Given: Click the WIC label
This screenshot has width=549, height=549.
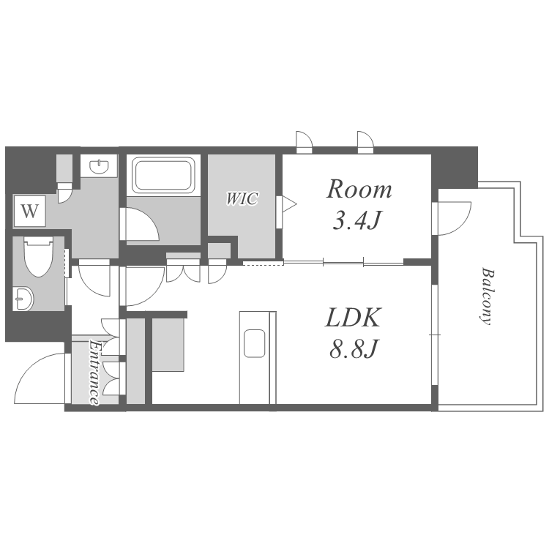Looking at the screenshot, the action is pyautogui.click(x=242, y=199).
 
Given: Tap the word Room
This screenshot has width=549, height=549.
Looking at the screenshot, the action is pyautogui.click(x=359, y=190).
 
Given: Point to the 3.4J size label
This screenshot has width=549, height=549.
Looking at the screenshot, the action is pyautogui.click(x=356, y=220).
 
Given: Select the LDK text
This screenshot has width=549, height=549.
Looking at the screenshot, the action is pyautogui.click(x=353, y=318).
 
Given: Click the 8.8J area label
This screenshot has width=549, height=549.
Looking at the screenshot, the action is pyautogui.click(x=354, y=348).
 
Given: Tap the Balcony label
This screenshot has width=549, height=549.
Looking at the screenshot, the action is pyautogui.click(x=487, y=296).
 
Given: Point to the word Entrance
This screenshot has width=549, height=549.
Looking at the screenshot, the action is pyautogui.click(x=94, y=373).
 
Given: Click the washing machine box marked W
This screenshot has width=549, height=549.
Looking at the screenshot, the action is pyautogui.click(x=30, y=211).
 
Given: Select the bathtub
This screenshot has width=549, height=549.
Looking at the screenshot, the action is pyautogui.click(x=163, y=175).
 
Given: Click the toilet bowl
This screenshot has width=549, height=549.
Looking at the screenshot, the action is pyautogui.click(x=39, y=257).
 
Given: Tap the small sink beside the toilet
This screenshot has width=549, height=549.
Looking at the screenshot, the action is pyautogui.click(x=23, y=299).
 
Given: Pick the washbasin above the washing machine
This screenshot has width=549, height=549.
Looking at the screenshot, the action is pyautogui.click(x=99, y=166).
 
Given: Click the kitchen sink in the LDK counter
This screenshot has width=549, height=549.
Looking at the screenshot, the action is pyautogui.click(x=255, y=343).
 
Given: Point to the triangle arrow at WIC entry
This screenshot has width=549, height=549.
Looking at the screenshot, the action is pyautogui.click(x=290, y=203).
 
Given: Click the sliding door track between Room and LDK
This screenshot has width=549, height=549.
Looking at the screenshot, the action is pyautogui.click(x=343, y=262).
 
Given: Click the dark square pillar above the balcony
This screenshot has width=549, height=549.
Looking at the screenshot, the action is pyautogui.click(x=455, y=168).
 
